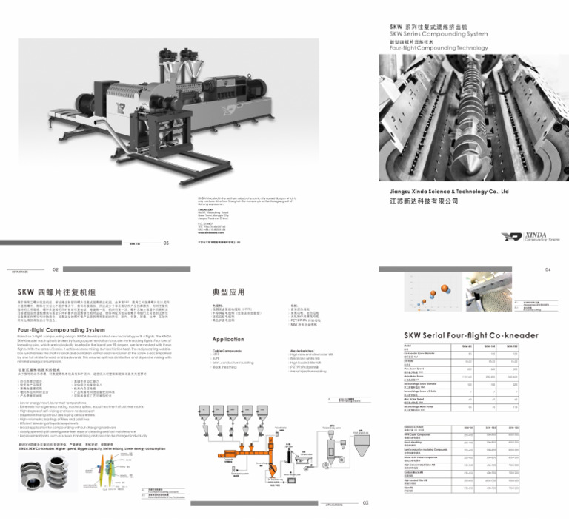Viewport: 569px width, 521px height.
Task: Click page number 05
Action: click(166, 242)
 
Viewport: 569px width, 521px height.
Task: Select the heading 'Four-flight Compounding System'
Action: click(61, 330)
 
